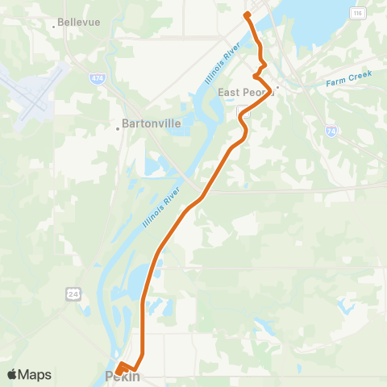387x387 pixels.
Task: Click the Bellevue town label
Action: pos(80,23)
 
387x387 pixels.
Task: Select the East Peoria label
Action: pos(245,92)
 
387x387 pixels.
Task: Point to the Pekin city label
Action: pos(123,377)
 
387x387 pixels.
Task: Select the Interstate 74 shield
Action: pos(332,130)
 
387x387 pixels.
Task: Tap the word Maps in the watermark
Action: pos(36,374)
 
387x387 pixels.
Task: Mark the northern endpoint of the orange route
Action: pos(247,15)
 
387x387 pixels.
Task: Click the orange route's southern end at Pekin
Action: pos(118,371)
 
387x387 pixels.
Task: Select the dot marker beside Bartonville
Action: pos(117,125)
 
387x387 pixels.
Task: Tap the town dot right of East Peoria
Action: pos(277,87)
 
